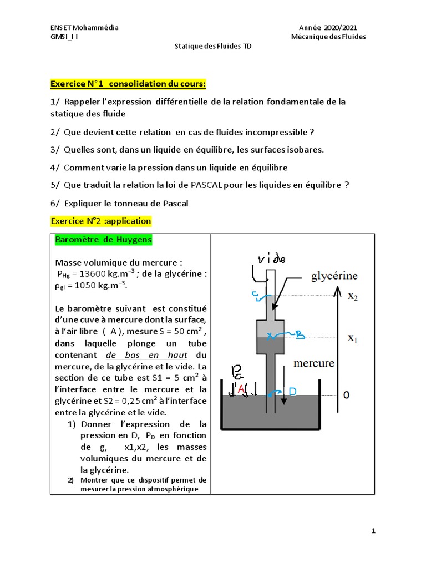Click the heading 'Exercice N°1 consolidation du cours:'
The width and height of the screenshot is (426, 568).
click(128, 84)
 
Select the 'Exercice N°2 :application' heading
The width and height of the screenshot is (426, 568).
click(100, 221)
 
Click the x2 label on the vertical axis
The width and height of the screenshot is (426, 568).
click(353, 297)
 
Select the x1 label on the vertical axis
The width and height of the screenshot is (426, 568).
click(353, 338)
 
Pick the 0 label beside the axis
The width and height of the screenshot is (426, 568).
click(347, 395)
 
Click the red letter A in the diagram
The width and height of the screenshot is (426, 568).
click(241, 390)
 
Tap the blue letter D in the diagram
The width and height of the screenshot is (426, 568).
click(292, 392)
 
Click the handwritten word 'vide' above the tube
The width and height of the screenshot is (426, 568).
click(271, 259)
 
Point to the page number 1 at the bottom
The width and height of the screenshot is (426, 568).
click(374, 531)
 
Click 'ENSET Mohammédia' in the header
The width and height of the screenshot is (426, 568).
click(84, 28)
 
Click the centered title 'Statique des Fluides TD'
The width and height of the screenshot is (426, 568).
click(213, 47)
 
